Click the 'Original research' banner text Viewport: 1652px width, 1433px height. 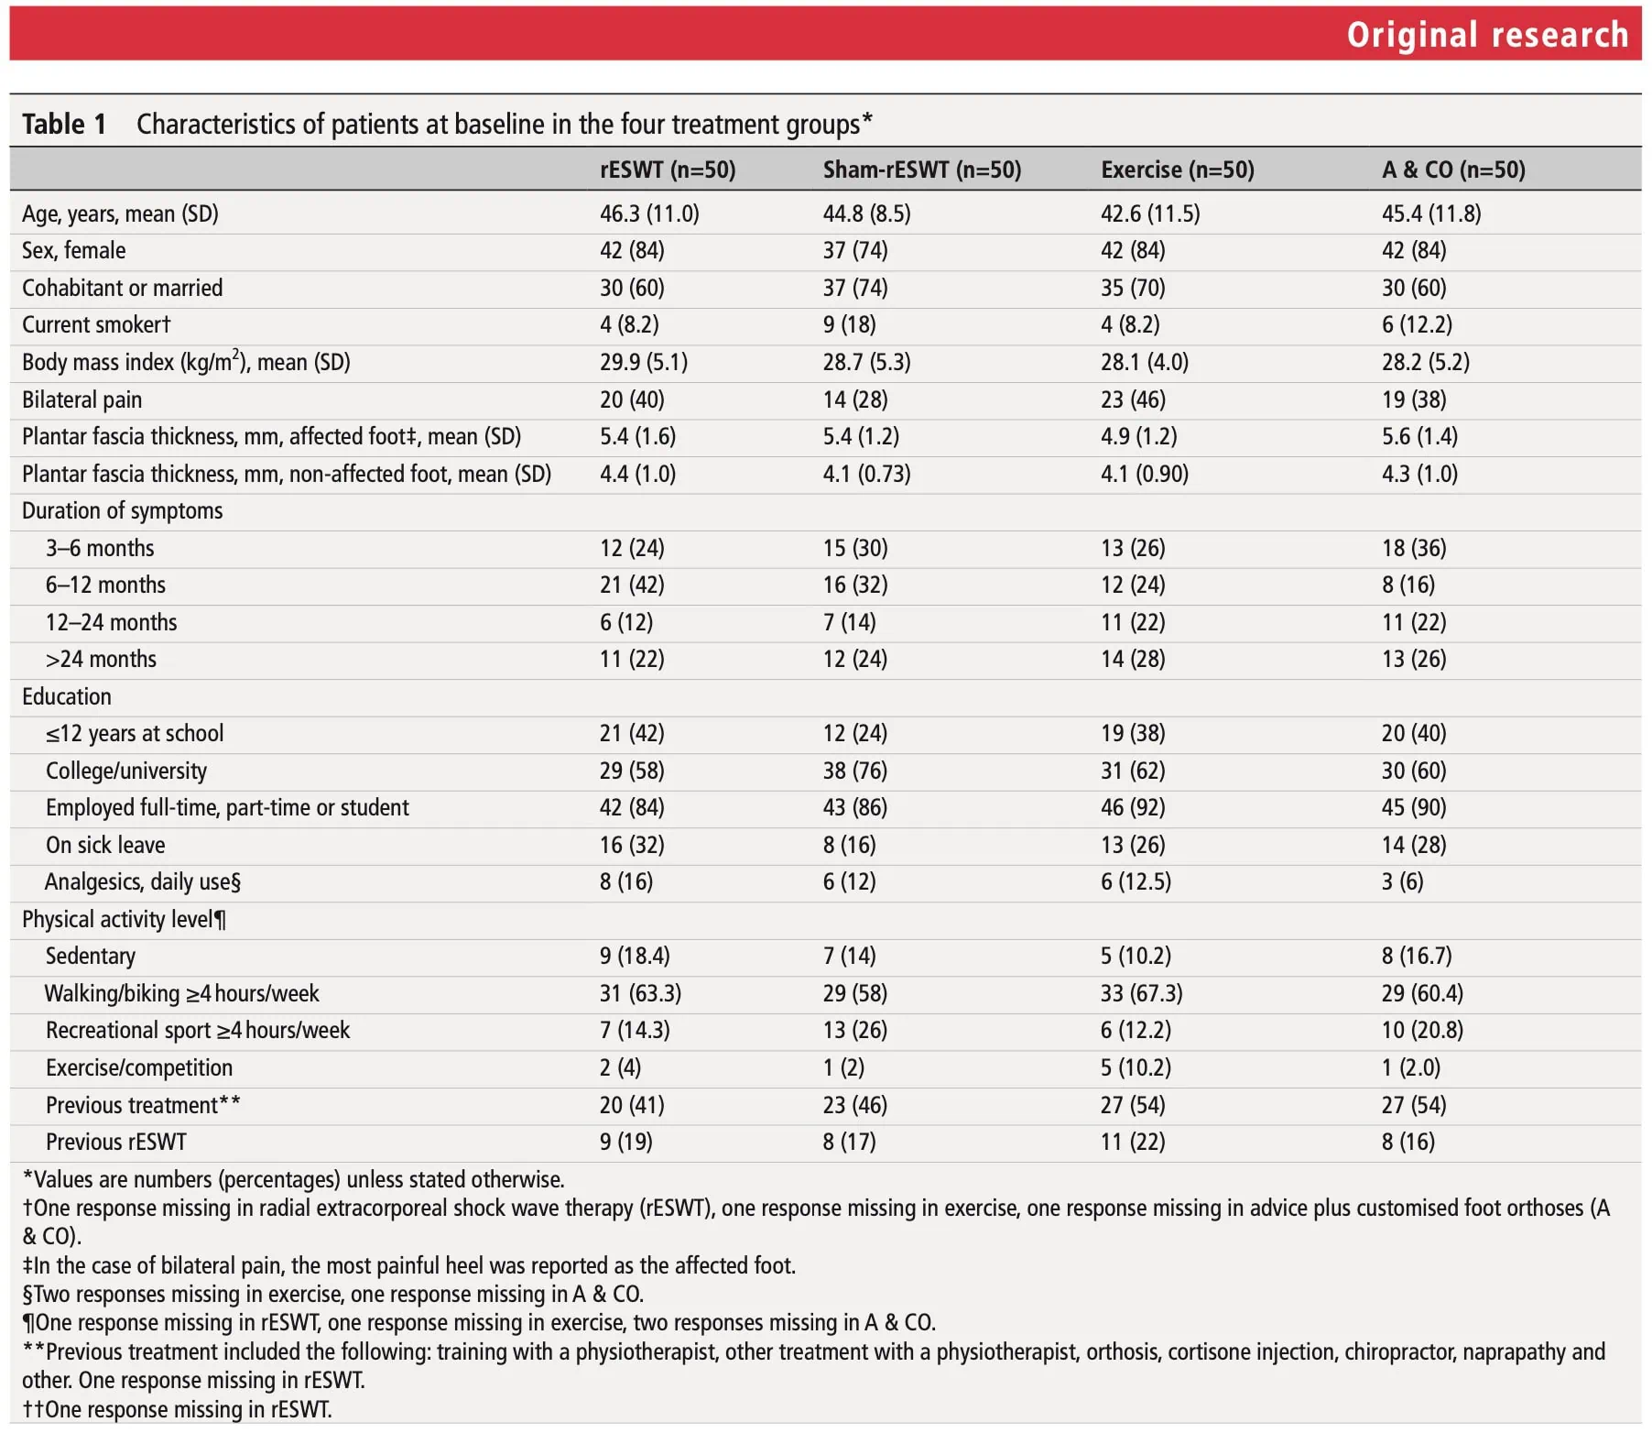[1487, 35]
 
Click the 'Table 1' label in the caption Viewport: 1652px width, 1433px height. [64, 124]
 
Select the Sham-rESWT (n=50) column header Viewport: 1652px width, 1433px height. [921, 170]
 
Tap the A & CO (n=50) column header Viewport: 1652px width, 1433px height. [1453, 170]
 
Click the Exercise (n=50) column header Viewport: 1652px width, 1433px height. [1177, 170]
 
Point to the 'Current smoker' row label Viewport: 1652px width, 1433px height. [96, 324]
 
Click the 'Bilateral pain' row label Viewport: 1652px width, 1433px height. [82, 399]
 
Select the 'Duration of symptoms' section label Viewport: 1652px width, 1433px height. [122, 510]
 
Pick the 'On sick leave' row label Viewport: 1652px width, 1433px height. [105, 845]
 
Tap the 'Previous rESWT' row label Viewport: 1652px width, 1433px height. [115, 1142]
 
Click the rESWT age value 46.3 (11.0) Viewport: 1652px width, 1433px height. [649, 213]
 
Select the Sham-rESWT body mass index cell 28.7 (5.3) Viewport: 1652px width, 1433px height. [866, 362]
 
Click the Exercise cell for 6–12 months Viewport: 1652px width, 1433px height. [1133, 585]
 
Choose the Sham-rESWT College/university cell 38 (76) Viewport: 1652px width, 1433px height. [854, 771]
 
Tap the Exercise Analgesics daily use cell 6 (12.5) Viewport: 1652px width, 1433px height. [1136, 881]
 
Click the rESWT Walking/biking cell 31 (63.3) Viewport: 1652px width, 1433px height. [640, 993]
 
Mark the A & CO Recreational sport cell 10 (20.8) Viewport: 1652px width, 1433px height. [1422, 1030]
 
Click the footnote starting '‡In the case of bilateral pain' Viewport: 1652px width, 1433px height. [409, 1265]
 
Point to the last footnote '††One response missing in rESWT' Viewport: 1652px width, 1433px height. [177, 1409]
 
